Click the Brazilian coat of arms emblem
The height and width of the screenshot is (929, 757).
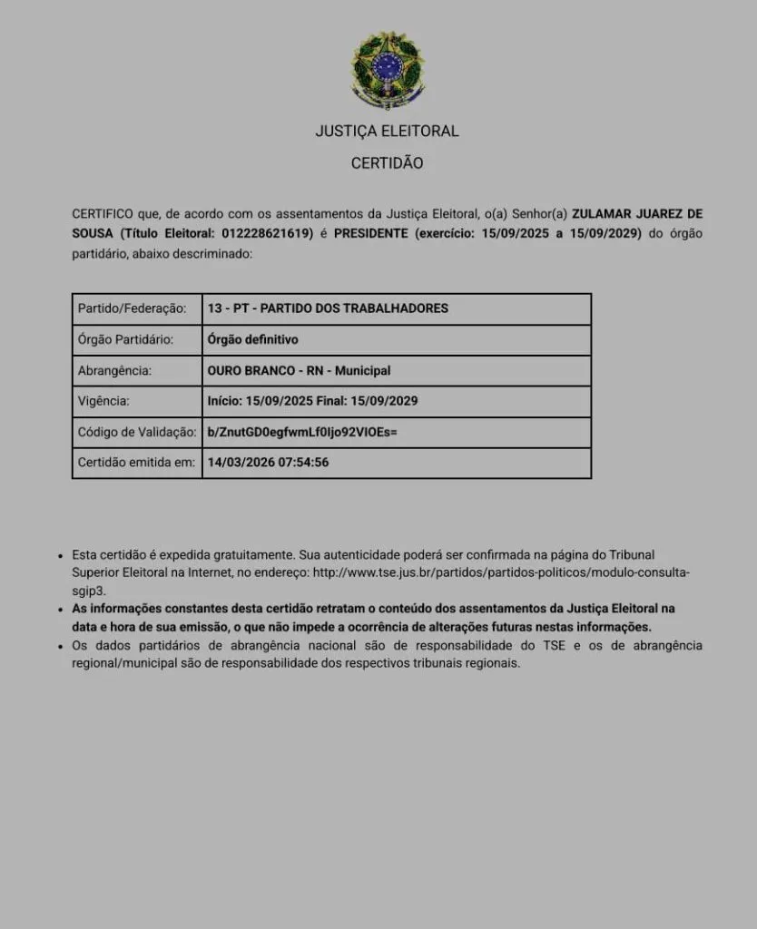pyautogui.click(x=387, y=70)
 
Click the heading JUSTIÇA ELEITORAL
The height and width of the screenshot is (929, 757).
pyautogui.click(x=387, y=131)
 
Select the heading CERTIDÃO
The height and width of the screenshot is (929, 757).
pyautogui.click(x=387, y=163)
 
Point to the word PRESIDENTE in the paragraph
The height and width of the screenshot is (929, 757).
pyautogui.click(x=371, y=234)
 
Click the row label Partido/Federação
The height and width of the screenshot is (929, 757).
pyautogui.click(x=133, y=308)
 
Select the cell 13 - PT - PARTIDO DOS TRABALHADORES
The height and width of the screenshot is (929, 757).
pyautogui.click(x=328, y=308)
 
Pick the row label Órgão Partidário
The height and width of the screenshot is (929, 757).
pyautogui.click(x=126, y=339)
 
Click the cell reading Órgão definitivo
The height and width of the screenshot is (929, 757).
pyautogui.click(x=252, y=339)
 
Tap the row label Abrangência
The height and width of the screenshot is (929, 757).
pyautogui.click(x=115, y=370)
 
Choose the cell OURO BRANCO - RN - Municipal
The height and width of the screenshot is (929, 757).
pyautogui.click(x=299, y=370)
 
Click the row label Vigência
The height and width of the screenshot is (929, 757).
pyautogui.click(x=103, y=400)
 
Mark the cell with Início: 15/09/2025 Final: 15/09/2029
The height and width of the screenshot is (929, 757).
pyautogui.click(x=312, y=400)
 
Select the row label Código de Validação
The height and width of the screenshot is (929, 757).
pyautogui.click(x=137, y=432)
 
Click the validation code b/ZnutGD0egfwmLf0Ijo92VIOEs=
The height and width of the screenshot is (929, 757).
pyautogui.click(x=302, y=432)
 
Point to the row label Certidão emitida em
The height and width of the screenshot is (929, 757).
pyautogui.click(x=137, y=462)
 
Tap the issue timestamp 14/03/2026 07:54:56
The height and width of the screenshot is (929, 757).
pyautogui.click(x=268, y=462)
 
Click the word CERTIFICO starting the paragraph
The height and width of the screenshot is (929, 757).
pyautogui.click(x=103, y=214)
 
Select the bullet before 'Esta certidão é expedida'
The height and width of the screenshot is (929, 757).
pyautogui.click(x=60, y=554)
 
